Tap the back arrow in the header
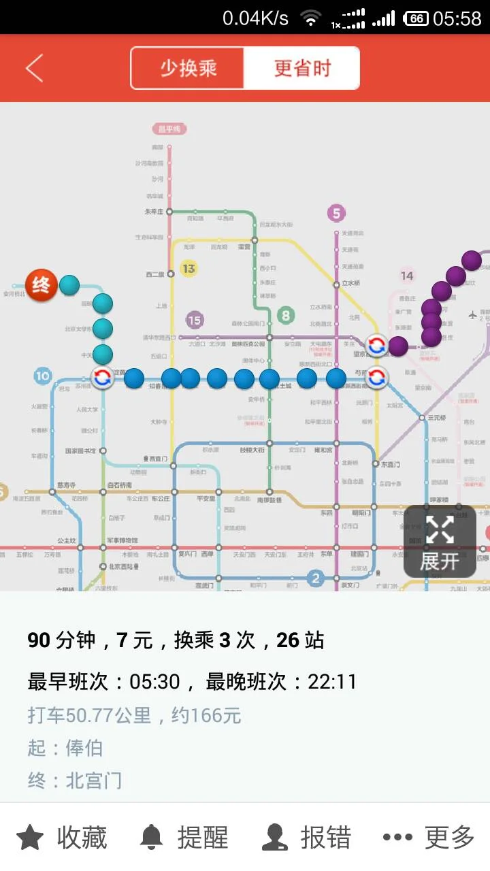pyautogui.click(x=34, y=68)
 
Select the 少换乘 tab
pyautogui.click(x=188, y=68)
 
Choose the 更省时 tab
pyautogui.click(x=301, y=68)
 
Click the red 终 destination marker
pyautogui.click(x=41, y=285)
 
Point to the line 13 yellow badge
pyautogui.click(x=189, y=269)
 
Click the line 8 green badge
pyautogui.click(x=286, y=315)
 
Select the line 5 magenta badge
pyautogui.click(x=336, y=214)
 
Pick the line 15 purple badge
pyautogui.click(x=195, y=320)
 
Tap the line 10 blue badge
pyautogui.click(x=43, y=376)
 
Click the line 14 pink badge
pyautogui.click(x=407, y=276)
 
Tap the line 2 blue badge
pyautogui.click(x=314, y=578)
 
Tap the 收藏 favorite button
pyautogui.click(x=61, y=838)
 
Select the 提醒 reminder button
pyautogui.click(x=184, y=838)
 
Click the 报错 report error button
pyautogui.click(x=307, y=838)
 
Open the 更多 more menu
pyautogui.click(x=428, y=838)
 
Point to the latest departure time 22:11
pyautogui.click(x=332, y=682)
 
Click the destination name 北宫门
pyautogui.click(x=94, y=780)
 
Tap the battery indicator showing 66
pyautogui.click(x=416, y=18)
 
